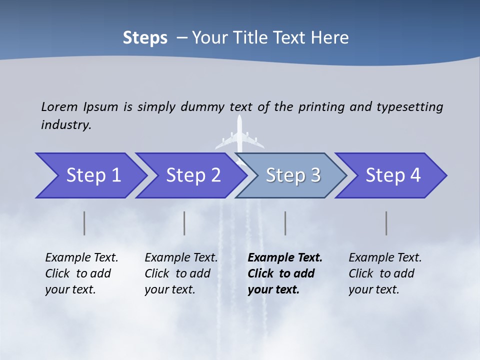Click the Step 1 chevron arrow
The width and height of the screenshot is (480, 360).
(90, 175)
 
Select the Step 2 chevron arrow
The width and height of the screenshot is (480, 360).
(190, 175)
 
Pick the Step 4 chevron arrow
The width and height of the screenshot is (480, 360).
(391, 175)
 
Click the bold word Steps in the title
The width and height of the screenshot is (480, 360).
(145, 38)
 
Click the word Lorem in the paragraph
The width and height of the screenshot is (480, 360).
(59, 106)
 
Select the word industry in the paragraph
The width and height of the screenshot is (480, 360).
(66, 125)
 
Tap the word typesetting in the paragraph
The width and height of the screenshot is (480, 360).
(409, 107)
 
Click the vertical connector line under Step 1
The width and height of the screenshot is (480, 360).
(84, 223)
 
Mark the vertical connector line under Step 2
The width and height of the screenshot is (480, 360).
(184, 223)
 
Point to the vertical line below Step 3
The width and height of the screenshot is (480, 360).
(285, 223)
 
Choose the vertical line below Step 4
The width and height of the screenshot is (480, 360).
(386, 223)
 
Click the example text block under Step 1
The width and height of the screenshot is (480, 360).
(81, 273)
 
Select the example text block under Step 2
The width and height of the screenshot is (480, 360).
(181, 273)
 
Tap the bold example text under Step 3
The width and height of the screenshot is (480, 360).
(285, 273)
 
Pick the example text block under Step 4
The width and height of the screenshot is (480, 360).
(385, 273)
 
